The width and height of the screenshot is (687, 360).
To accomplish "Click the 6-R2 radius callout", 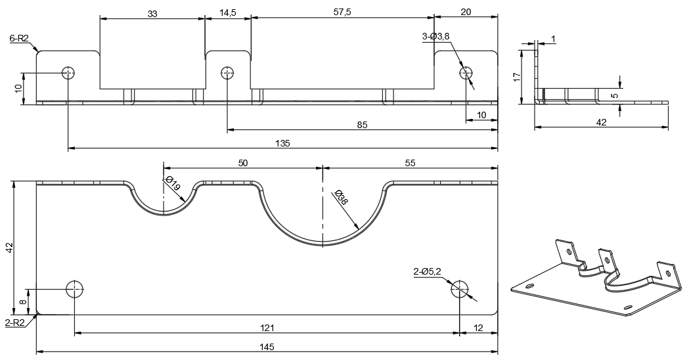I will pyautogui.click(x=19, y=39).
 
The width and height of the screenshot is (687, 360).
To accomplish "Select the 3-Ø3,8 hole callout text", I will pyautogui.click(x=435, y=37).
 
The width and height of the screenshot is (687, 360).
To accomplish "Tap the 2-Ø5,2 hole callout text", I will pyautogui.click(x=427, y=271).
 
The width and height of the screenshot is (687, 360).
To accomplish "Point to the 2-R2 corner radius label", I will pyautogui.click(x=15, y=322).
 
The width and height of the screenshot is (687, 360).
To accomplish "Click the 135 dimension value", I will pyautogui.click(x=282, y=143).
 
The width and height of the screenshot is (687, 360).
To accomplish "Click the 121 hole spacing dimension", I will pyautogui.click(x=266, y=326).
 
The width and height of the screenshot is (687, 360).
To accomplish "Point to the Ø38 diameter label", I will pyautogui.click(x=341, y=197).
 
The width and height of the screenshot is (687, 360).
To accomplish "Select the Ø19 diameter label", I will pyautogui.click(x=173, y=185).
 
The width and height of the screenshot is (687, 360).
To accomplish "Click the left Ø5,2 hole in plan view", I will pyautogui.click(x=75, y=288).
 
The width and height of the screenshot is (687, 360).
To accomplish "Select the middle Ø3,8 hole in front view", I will pyautogui.click(x=227, y=72).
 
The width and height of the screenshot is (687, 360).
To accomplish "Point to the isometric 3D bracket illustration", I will pyautogui.click(x=594, y=277).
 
